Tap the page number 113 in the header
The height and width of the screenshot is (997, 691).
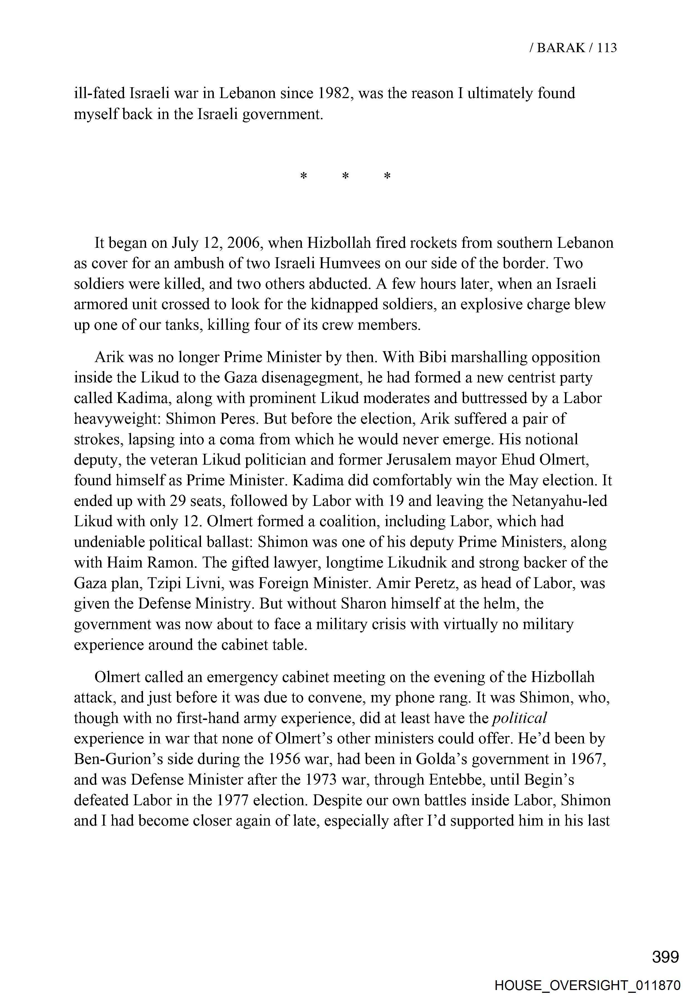point(607,48)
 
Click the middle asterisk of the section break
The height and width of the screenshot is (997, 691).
point(346,177)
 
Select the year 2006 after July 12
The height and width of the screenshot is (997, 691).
point(244,243)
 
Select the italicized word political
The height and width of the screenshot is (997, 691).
point(520,718)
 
